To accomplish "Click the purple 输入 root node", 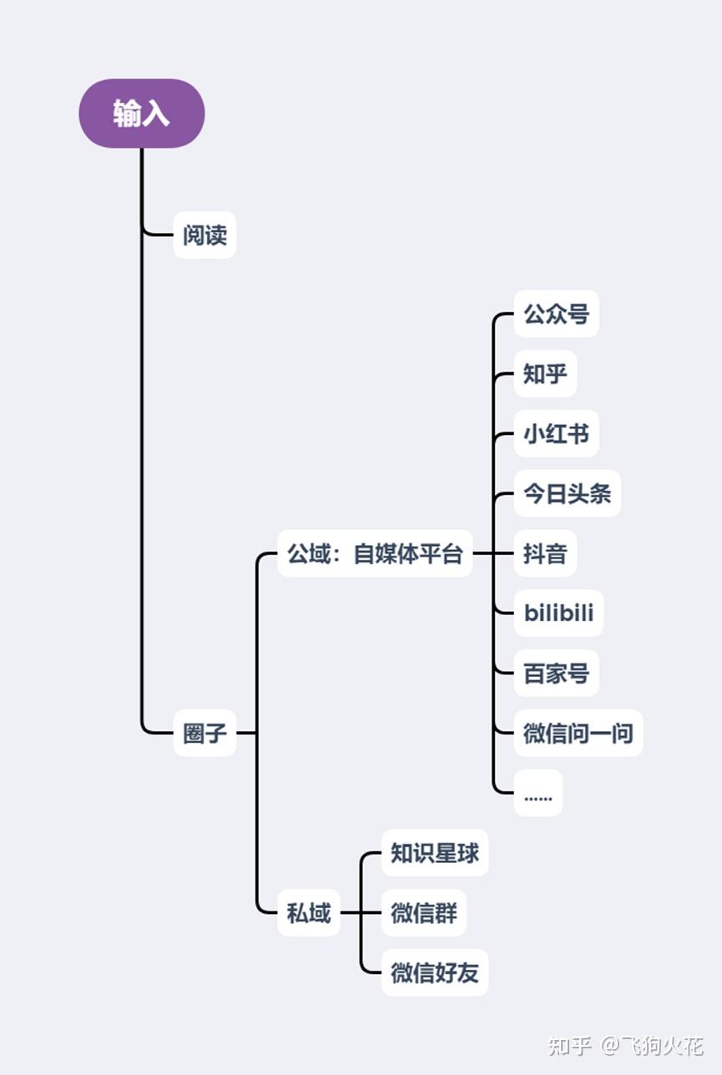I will tap(142, 114).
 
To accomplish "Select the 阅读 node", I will tap(204, 235).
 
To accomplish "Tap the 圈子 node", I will tap(204, 733).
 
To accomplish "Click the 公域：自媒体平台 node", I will tap(375, 553).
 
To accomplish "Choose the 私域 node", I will tap(309, 913).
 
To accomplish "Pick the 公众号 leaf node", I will tap(556, 315).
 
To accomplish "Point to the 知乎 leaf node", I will tap(545, 374).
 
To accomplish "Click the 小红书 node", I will tap(556, 434).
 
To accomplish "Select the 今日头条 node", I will tap(567, 493).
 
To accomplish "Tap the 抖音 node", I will tap(545, 553).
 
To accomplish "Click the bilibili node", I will tap(558, 613).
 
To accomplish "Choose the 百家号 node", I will tap(556, 673).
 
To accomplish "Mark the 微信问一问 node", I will tap(578, 733).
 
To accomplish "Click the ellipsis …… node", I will tap(538, 793).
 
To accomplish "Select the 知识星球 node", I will tap(435, 853).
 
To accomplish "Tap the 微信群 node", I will tap(424, 913).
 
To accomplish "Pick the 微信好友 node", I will tap(435, 972).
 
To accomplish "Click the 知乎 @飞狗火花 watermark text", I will tap(625, 1045).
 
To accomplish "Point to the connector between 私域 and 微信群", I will tap(361, 913).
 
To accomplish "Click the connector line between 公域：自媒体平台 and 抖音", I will tap(492, 553).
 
